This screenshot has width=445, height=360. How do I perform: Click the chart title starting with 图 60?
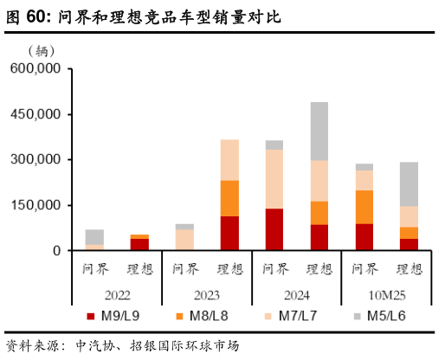[144, 16]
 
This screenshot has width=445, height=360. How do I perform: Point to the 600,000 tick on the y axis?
[34, 68]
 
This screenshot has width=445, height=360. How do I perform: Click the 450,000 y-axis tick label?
[34, 114]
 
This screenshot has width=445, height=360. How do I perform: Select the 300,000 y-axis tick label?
[34, 159]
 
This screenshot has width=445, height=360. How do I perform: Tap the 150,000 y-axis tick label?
[34, 205]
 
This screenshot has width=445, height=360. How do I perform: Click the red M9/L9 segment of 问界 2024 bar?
[274, 229]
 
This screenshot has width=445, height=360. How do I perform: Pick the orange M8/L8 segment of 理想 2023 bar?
[229, 198]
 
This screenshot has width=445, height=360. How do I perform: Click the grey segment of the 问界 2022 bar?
[94, 236]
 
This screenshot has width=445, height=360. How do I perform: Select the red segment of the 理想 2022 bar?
[139, 244]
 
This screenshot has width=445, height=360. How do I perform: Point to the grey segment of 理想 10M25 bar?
[409, 183]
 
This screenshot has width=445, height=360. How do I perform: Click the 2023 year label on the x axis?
[206, 294]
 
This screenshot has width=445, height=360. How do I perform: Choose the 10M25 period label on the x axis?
[386, 294]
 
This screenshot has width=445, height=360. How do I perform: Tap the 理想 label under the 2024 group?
[319, 269]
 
